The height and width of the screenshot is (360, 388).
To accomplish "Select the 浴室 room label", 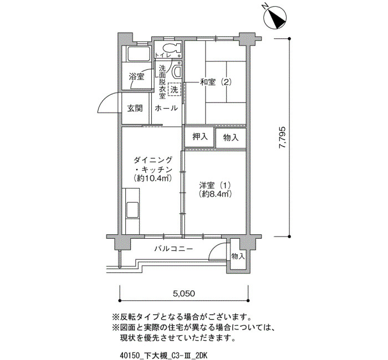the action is click(136, 76).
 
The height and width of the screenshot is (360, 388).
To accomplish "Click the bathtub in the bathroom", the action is click(138, 53).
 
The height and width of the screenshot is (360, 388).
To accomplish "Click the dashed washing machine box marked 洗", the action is click(175, 89).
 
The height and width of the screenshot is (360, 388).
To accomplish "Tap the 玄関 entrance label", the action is click(135, 108).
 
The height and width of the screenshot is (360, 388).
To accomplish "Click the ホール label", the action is click(166, 108).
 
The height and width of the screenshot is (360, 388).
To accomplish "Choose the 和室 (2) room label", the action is click(216, 82).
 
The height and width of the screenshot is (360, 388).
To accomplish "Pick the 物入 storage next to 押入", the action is click(231, 138).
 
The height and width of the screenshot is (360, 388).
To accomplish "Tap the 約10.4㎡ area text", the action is click(152, 178).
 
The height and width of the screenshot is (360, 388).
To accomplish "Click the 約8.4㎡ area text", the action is click(215, 194).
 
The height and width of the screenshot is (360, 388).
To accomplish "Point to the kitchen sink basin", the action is click(132, 210).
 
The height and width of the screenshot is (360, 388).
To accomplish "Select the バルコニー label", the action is click(173, 249).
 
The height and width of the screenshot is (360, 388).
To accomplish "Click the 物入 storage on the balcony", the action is click(238, 256).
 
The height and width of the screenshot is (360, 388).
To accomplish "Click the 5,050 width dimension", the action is click(184, 294).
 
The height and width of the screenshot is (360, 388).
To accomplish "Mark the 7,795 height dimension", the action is click(282, 137).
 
